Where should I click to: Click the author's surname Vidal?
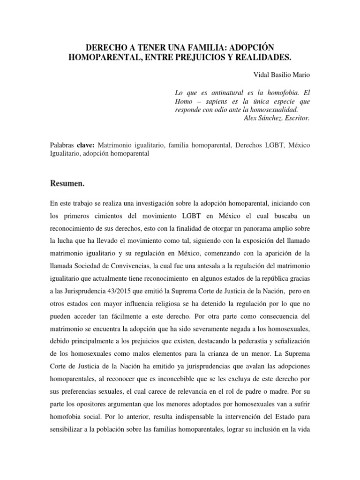(261, 75)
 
